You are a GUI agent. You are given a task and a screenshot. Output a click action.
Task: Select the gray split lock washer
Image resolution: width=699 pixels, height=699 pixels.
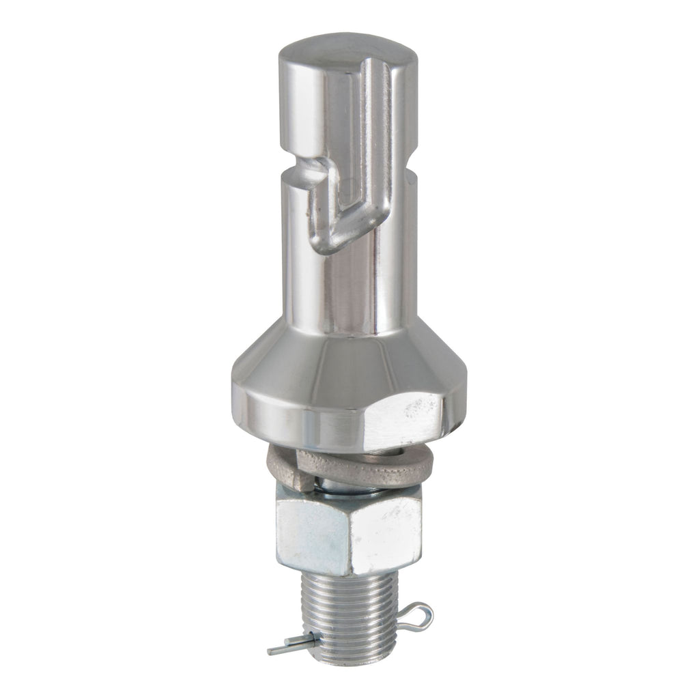click(x=382, y=468)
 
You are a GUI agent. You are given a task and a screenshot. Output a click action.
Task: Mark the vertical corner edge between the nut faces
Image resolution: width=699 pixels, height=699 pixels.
click(x=349, y=536)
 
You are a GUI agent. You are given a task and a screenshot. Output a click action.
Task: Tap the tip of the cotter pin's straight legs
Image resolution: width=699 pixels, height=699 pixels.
click(x=273, y=650)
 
